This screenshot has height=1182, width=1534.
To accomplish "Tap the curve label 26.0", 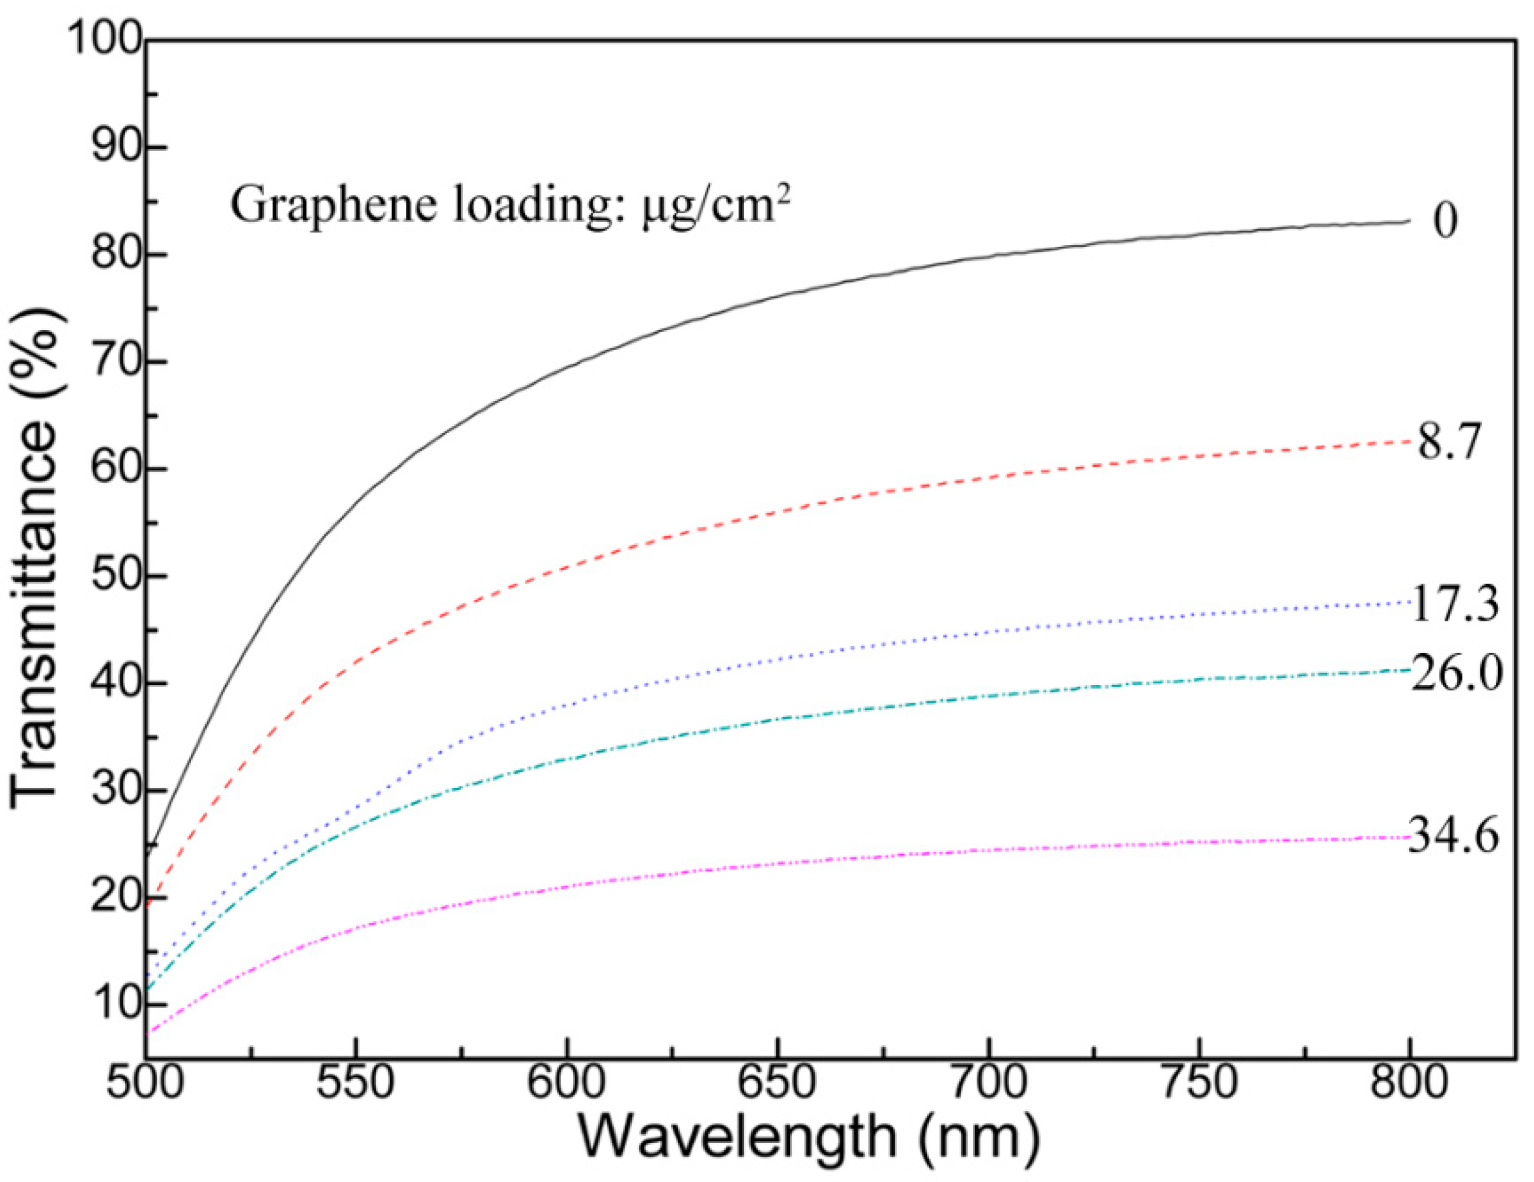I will coord(1456,673).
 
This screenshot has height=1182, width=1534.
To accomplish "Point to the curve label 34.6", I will coord(1453,836).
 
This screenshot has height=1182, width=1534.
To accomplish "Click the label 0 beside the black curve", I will coord(1445,221).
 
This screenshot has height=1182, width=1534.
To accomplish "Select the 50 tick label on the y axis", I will coord(116,576).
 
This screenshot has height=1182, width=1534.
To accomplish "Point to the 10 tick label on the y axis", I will coord(116,1004).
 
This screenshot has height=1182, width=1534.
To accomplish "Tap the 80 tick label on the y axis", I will coord(116,255).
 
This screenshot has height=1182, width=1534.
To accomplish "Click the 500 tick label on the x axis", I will coord(145,1082).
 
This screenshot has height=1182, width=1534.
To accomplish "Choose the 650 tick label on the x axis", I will coord(778,1082).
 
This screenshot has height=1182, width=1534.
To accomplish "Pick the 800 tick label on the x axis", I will coord(1410,1082).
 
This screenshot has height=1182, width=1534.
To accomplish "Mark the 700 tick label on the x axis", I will coord(988,1082).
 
